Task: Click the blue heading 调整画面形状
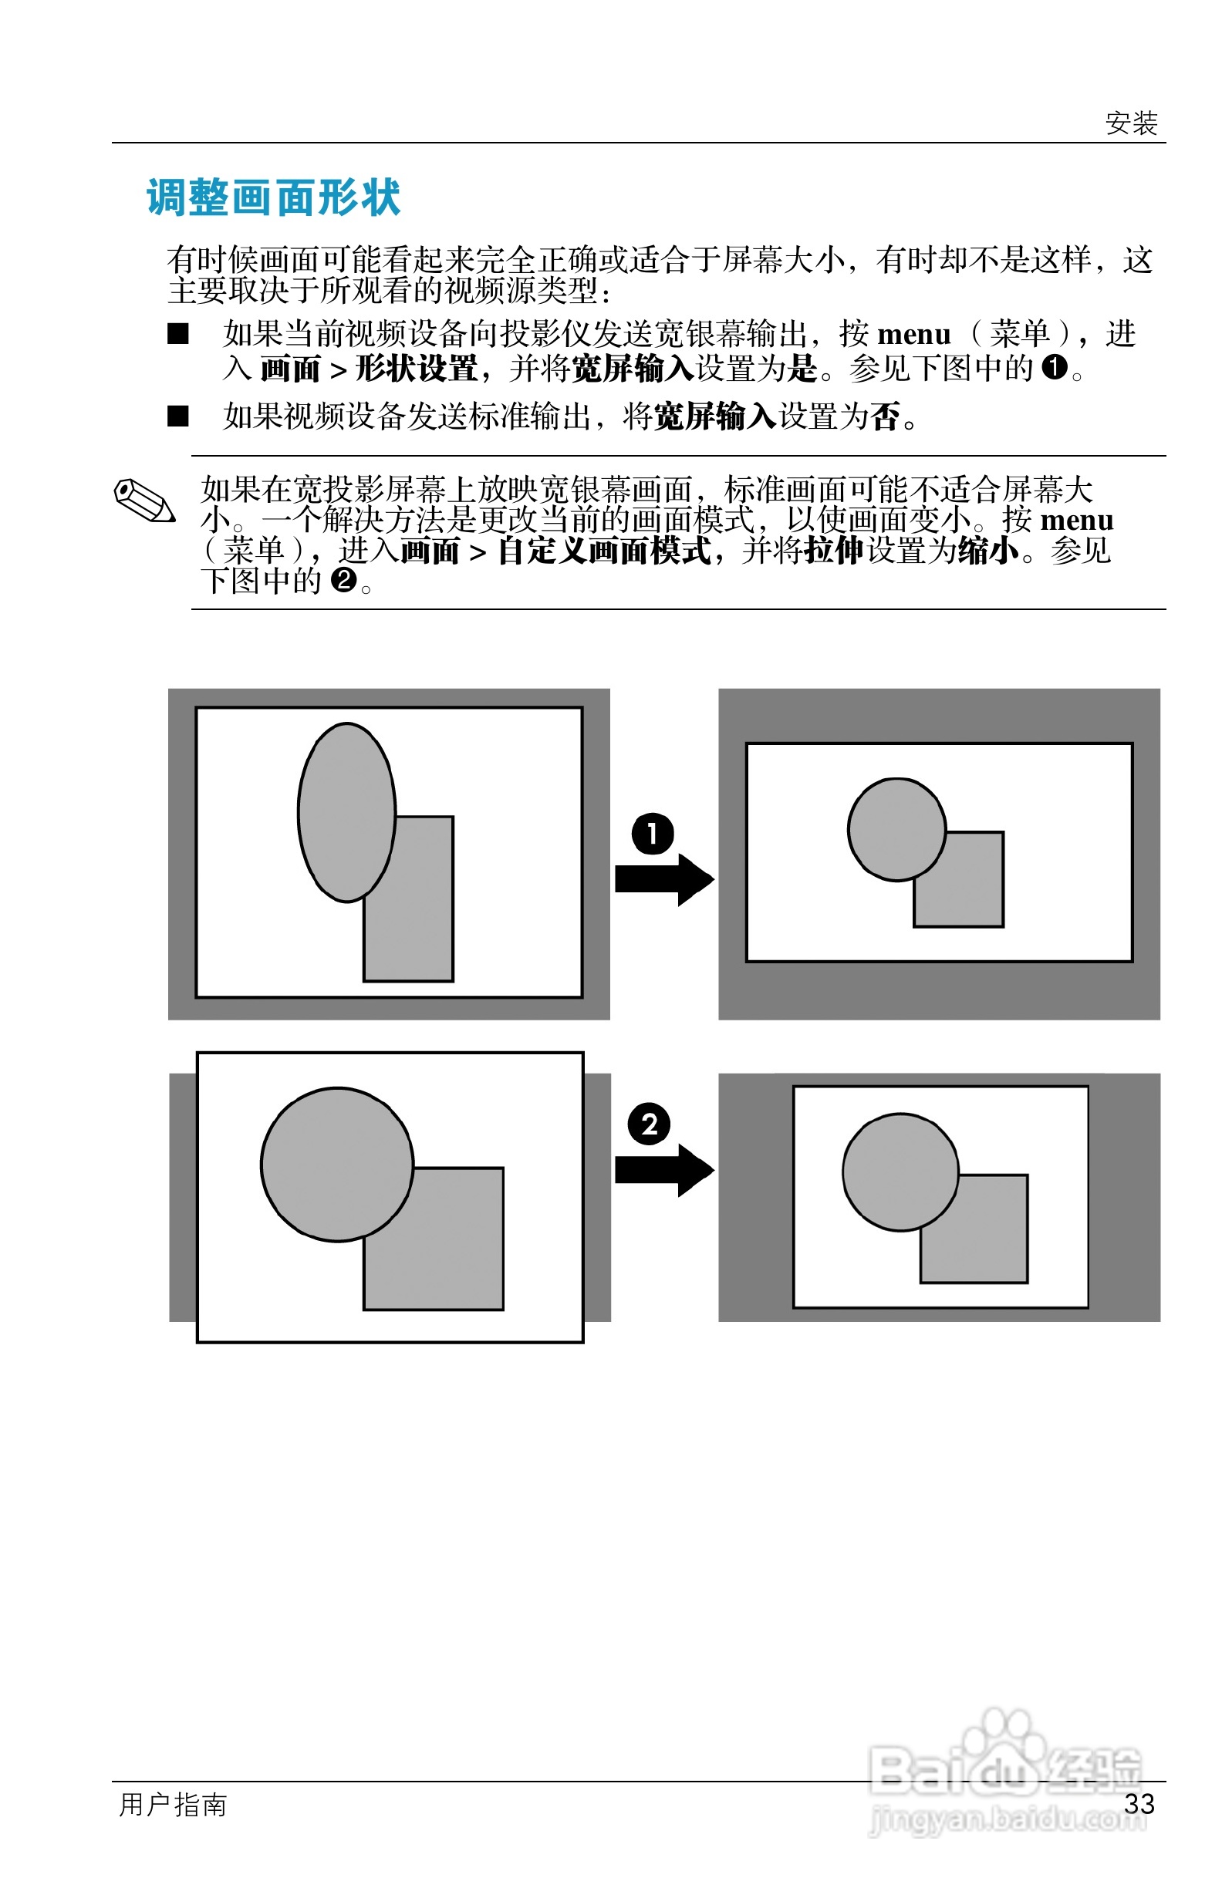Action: (274, 197)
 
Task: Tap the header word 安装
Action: (1131, 123)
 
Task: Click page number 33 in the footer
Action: (1139, 1803)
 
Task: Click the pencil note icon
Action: (144, 501)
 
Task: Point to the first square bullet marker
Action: (178, 334)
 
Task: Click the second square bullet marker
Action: (178, 416)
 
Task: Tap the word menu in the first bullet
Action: (913, 335)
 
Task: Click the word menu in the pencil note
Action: (1076, 521)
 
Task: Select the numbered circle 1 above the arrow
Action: (652, 834)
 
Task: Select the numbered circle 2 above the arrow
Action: (649, 1124)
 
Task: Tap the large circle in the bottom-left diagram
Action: (336, 1162)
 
